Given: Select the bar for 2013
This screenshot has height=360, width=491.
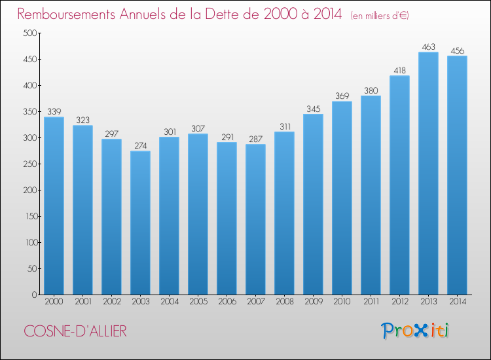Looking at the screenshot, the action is [428, 173].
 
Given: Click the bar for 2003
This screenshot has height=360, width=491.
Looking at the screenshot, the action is [140, 223].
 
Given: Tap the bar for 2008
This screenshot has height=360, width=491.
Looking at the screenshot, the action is [284, 213].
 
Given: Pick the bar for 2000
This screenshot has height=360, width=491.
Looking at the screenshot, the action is [54, 206].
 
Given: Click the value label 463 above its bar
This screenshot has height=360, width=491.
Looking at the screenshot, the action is [428, 47].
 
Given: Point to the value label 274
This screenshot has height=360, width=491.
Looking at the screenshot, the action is [141, 146].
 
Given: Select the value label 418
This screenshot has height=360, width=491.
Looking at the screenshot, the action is [399, 71].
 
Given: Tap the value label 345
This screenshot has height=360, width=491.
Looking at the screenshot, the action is [314, 109].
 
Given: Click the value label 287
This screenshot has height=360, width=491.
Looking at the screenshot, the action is [255, 139].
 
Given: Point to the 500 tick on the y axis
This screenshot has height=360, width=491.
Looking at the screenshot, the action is [30, 33].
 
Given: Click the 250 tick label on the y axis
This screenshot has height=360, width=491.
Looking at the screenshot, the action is [30, 164].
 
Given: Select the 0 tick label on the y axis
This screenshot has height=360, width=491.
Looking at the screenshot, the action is [35, 295].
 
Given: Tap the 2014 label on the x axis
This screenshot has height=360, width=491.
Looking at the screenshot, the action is [458, 302].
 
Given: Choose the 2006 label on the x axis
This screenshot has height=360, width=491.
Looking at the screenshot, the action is [227, 302].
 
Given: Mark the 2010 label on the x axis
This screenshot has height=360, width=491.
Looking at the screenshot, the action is [342, 302].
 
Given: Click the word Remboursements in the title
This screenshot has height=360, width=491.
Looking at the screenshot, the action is [66, 14].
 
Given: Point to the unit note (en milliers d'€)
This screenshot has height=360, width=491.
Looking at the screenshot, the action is [380, 16].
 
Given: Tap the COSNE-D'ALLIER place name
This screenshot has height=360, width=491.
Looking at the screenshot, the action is [75, 331].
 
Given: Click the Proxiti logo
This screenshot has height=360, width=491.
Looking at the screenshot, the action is [415, 331].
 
